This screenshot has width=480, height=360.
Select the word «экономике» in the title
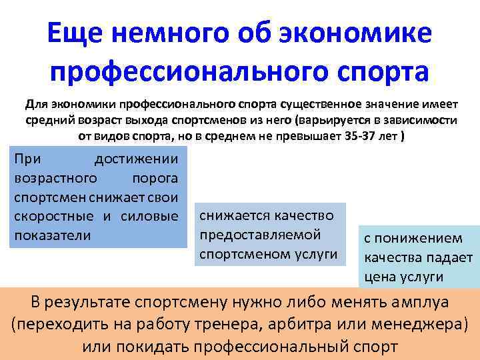368,33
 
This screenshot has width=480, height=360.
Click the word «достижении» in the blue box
136,159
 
